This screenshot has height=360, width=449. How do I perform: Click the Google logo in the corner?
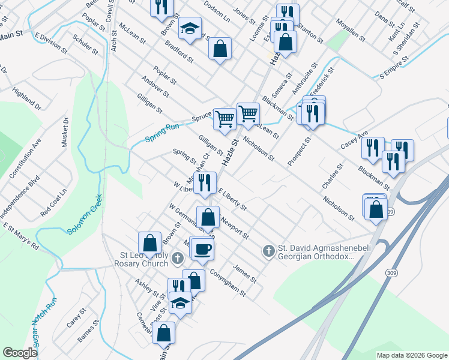(x=20, y=353)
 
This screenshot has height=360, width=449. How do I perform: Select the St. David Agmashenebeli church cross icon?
(x=268, y=250)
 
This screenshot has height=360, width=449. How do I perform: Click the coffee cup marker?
(x=203, y=248)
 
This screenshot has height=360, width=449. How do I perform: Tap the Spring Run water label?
(x=162, y=136)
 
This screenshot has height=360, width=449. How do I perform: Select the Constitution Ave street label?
(x=25, y=158)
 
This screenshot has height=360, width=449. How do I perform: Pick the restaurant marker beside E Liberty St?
(x=205, y=182)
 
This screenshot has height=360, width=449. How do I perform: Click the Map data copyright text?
(x=412, y=355)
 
